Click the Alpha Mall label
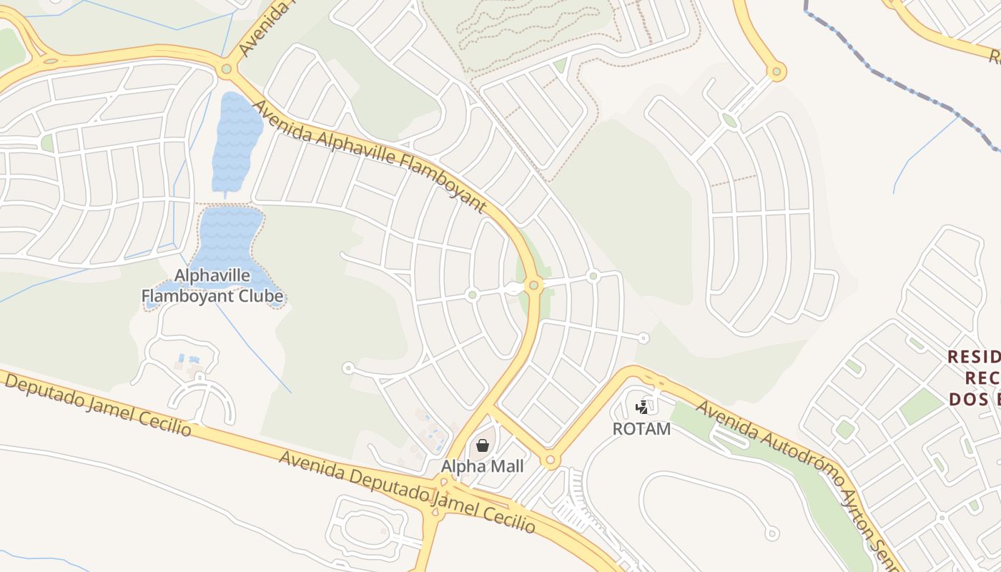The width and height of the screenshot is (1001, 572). coord(482,467)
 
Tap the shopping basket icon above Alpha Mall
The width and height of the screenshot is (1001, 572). coord(483,445)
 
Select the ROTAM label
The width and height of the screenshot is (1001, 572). coord(641,429)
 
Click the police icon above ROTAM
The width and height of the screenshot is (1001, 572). coord(642,408)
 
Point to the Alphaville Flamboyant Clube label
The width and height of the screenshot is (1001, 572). coord(212,286)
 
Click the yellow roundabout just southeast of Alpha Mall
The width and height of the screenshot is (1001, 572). coord(550,460)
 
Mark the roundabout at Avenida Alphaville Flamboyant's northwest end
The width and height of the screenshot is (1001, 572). coord(227,69)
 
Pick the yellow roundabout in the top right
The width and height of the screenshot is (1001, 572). coord(776,71)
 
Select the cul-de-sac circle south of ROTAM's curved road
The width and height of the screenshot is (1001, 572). coord(771,533)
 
